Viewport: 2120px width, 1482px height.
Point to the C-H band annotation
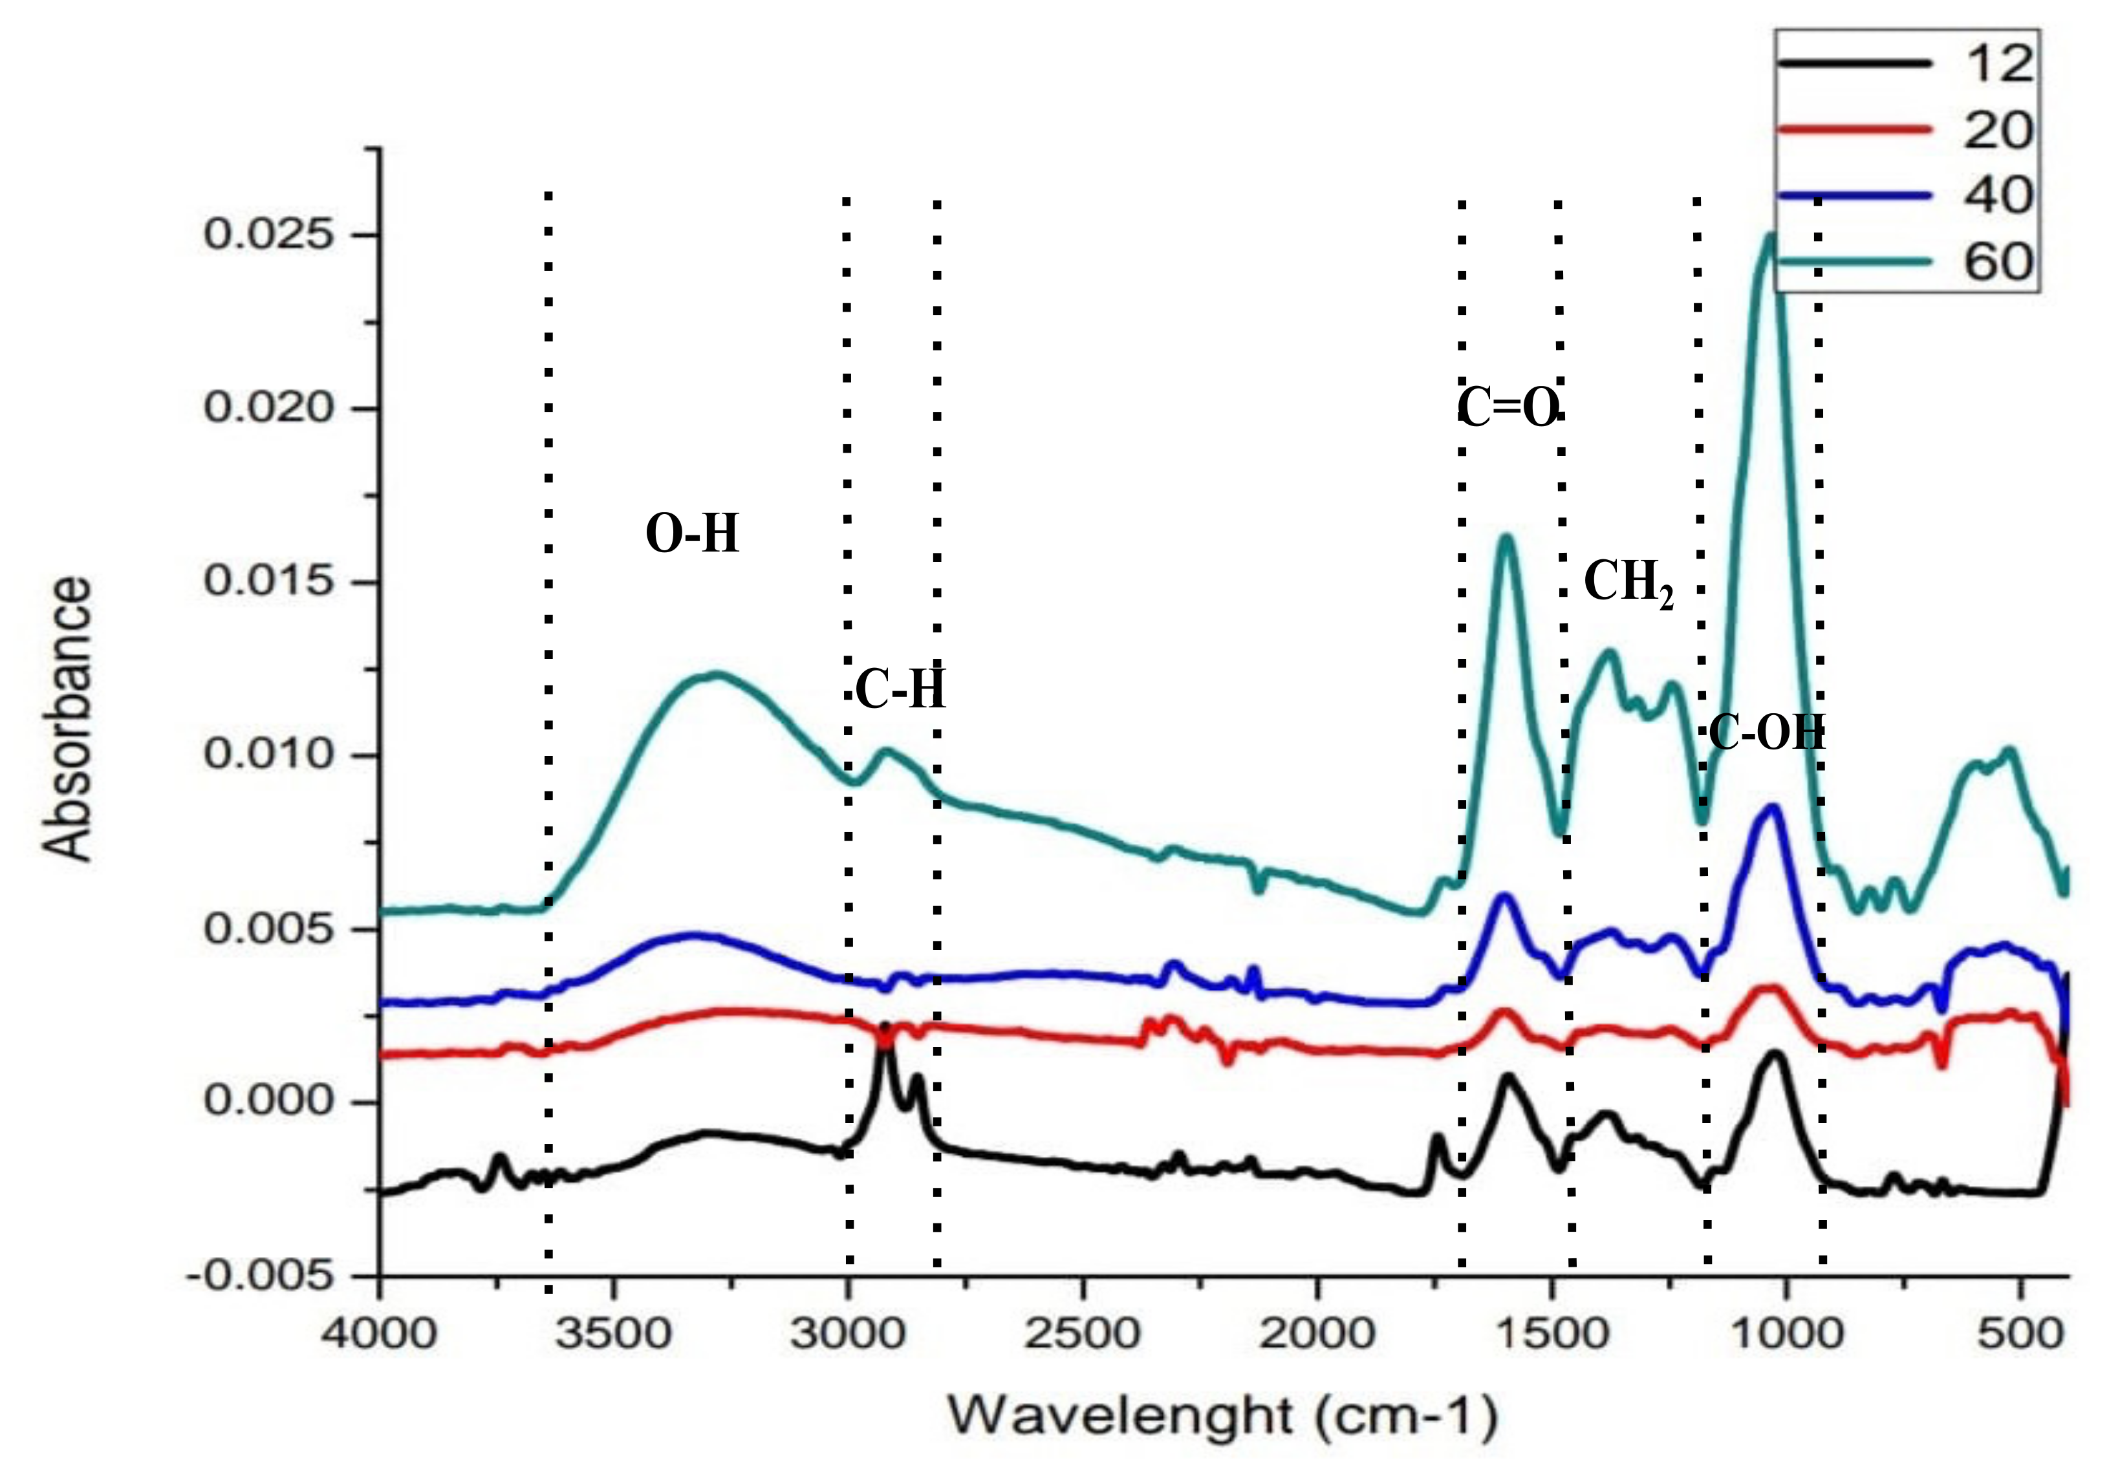(900, 690)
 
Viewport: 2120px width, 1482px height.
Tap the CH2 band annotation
(1628, 584)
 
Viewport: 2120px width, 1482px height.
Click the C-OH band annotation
(1766, 734)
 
